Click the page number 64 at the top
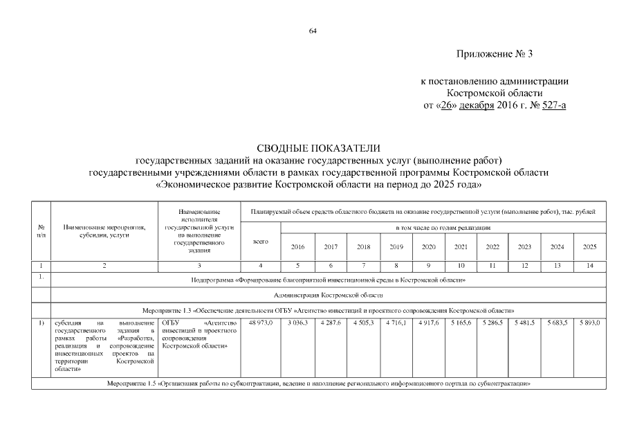tap(313, 32)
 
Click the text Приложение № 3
tap(495, 53)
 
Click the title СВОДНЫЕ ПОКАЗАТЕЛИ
tap(319, 148)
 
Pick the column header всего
tap(261, 241)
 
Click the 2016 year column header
tap(297, 246)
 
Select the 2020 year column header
tap(428, 246)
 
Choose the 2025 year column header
tap(589, 246)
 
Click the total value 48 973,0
tap(261, 323)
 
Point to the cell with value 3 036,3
tap(297, 323)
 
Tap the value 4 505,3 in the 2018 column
tap(363, 323)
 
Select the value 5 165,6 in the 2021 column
tap(461, 323)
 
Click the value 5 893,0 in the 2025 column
tap(589, 323)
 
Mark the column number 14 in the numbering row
tap(589, 266)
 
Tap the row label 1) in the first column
tap(42, 323)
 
